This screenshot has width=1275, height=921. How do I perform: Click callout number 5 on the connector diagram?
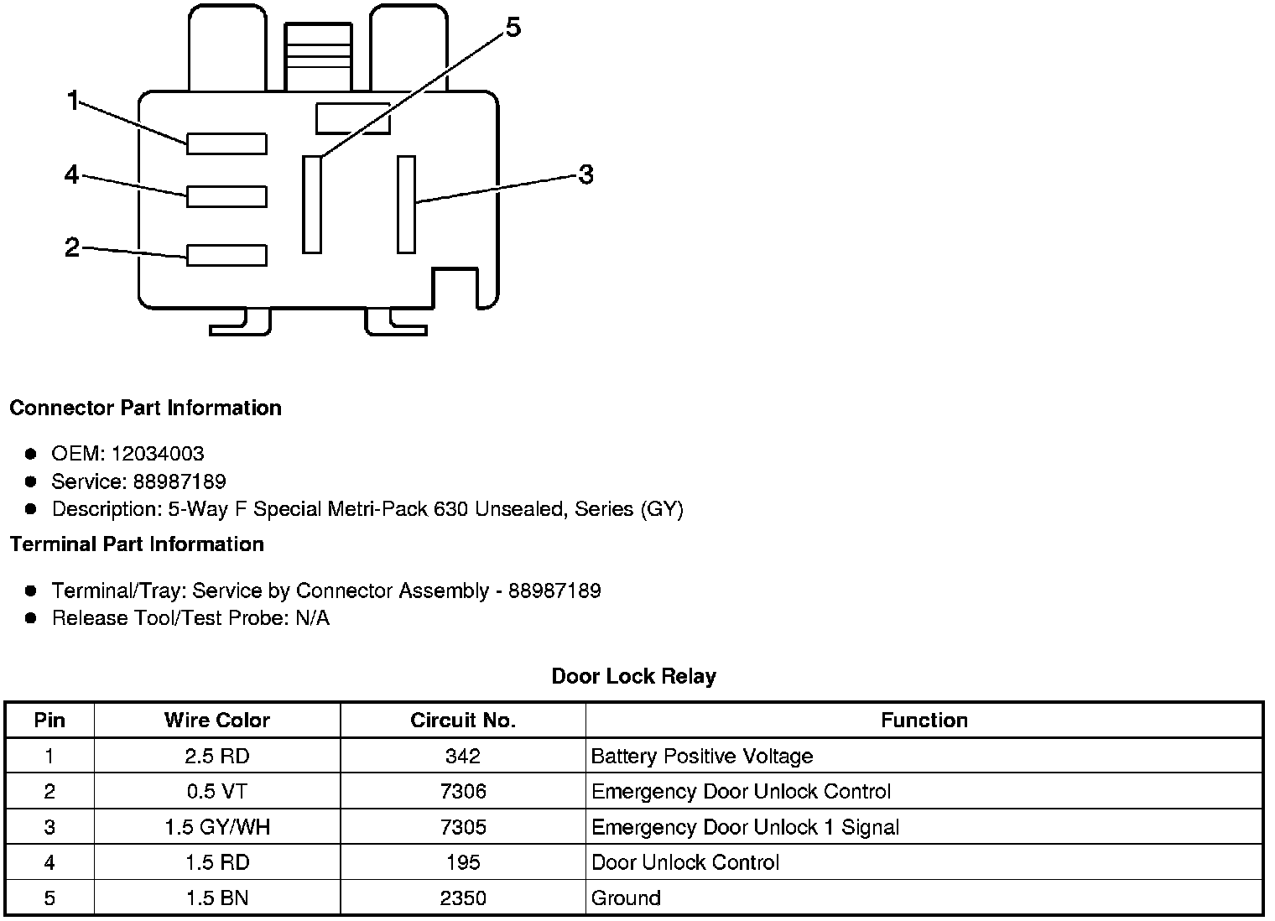[513, 28]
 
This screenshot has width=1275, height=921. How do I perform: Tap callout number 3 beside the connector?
[585, 174]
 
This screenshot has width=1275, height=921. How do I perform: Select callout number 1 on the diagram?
[73, 101]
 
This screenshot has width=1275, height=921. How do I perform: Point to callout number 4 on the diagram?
[72, 174]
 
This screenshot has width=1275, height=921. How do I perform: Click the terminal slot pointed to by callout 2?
[226, 255]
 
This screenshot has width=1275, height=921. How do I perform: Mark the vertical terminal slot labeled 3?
[406, 204]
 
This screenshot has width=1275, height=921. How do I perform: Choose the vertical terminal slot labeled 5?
[312, 204]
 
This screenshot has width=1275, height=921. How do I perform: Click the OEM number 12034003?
[158, 454]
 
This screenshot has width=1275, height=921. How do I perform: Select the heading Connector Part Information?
[145, 408]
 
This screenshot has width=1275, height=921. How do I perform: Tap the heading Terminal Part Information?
[137, 544]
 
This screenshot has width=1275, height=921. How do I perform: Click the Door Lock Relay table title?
[633, 676]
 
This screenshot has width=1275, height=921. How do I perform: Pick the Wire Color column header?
[217, 721]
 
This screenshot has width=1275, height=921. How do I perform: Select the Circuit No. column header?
[463, 721]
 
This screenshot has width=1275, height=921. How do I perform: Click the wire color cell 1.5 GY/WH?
[217, 827]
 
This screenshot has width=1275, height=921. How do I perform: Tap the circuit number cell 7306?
[463, 792]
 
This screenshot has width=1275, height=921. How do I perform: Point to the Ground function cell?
[626, 898]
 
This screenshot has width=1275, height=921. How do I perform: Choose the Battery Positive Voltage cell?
[702, 757]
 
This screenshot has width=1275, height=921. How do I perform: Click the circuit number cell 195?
[463, 862]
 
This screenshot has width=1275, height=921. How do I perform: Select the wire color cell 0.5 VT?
[217, 792]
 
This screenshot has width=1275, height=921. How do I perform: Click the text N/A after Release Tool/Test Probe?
[312, 618]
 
